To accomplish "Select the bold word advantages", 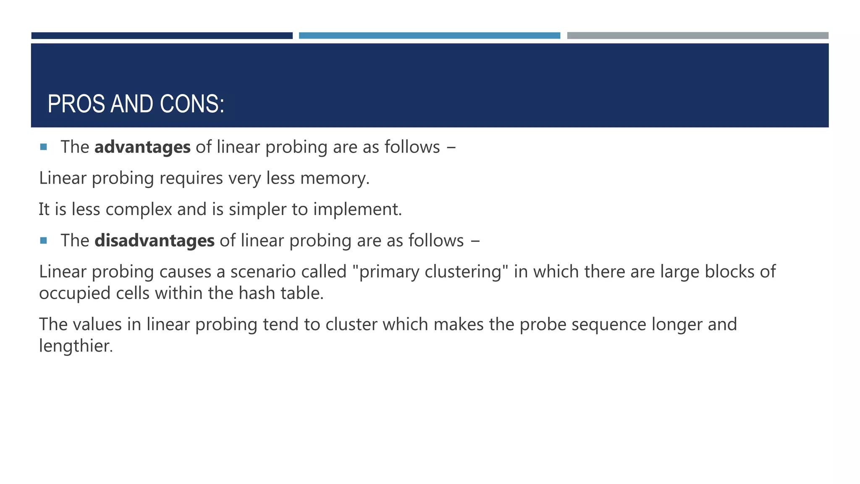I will tap(142, 147).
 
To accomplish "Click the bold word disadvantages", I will tap(155, 241).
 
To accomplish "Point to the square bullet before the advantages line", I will tap(43, 147).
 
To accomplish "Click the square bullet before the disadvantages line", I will tap(43, 241).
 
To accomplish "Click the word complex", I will tap(139, 209).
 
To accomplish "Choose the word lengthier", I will tap(76, 346).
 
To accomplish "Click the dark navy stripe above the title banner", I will tap(162, 36).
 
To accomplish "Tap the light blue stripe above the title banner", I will tap(429, 36).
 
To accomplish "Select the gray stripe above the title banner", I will tap(697, 36).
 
